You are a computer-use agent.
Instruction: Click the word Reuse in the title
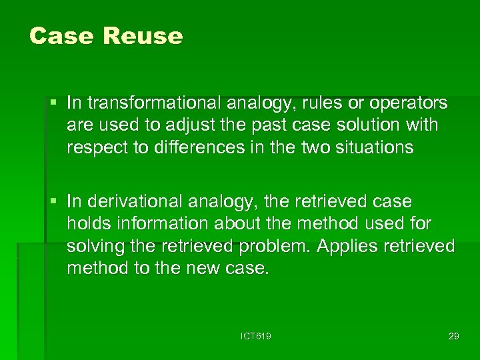[143, 36]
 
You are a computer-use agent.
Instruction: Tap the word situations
[371, 147]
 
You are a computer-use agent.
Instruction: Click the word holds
[86, 223]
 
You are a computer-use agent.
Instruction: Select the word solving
[92, 245]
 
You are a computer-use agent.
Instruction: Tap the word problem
[273, 245]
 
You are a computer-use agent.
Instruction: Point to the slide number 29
[453, 336]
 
